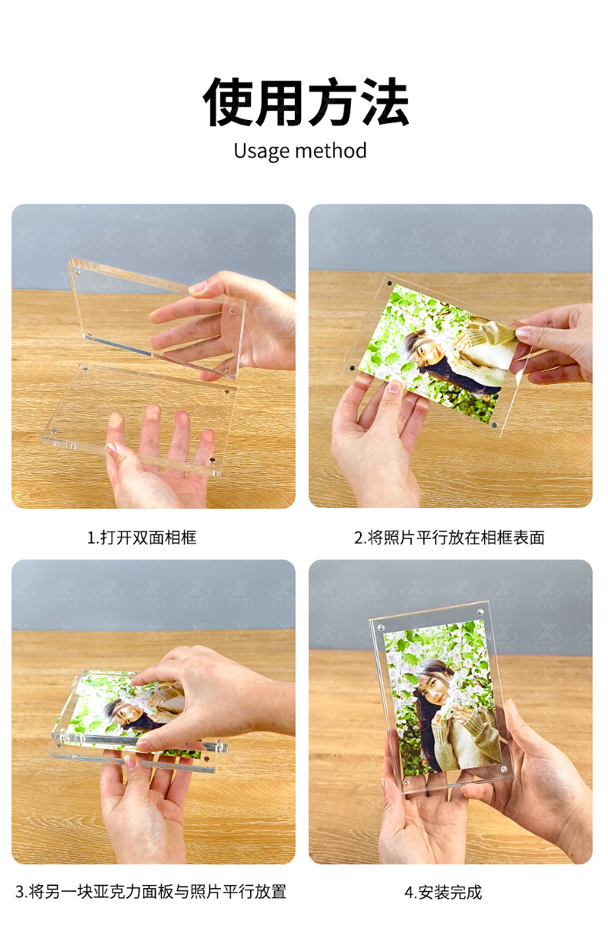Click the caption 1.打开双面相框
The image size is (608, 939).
(141, 538)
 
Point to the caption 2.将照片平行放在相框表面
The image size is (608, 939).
(449, 538)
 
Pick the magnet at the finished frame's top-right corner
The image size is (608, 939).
(480, 613)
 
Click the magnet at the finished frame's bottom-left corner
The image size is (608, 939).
(405, 782)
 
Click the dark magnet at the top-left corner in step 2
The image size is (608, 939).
(390, 284)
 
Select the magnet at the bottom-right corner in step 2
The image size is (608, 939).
(495, 426)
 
